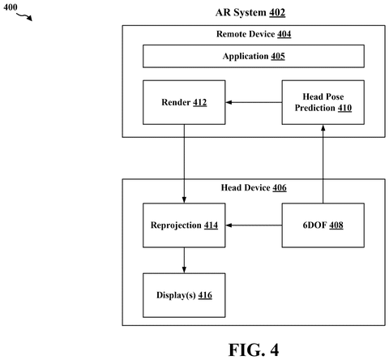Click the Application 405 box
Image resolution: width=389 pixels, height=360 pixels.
pyautogui.click(x=254, y=56)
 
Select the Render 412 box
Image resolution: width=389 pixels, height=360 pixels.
pyautogui.click(x=184, y=102)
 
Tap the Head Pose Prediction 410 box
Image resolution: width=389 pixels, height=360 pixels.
pyautogui.click(x=323, y=102)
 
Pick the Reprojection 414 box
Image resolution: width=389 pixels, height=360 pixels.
pyautogui.click(x=184, y=225)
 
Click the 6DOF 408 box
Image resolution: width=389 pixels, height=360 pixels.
pyautogui.click(x=323, y=225)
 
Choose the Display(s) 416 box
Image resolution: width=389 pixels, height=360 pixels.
pyautogui.click(x=184, y=295)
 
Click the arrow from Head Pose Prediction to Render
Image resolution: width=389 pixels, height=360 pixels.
pyautogui.click(x=254, y=102)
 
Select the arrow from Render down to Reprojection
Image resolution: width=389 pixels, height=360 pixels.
pyautogui.click(x=184, y=164)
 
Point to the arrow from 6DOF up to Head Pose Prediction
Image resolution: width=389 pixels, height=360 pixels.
pyautogui.click(x=323, y=164)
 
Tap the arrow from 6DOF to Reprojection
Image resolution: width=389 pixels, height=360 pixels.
pyautogui.click(x=254, y=225)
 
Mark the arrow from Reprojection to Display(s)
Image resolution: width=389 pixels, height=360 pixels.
pyautogui.click(x=184, y=260)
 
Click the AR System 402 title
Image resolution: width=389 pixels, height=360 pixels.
pyautogui.click(x=250, y=13)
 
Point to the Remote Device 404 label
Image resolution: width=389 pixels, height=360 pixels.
pyautogui.click(x=254, y=34)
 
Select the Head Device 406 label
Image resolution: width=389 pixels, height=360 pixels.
pyautogui.click(x=254, y=187)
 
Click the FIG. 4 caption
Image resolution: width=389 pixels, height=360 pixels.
pyautogui.click(x=254, y=349)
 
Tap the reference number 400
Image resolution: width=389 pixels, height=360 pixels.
pyautogui.click(x=11, y=7)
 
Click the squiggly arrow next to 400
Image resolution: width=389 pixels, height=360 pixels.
pyautogui.click(x=24, y=17)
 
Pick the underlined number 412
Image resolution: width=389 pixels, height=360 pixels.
pyautogui.click(x=200, y=103)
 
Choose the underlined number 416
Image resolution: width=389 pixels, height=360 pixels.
pyautogui.click(x=205, y=295)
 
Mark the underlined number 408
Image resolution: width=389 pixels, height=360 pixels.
pyautogui.click(x=336, y=225)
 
